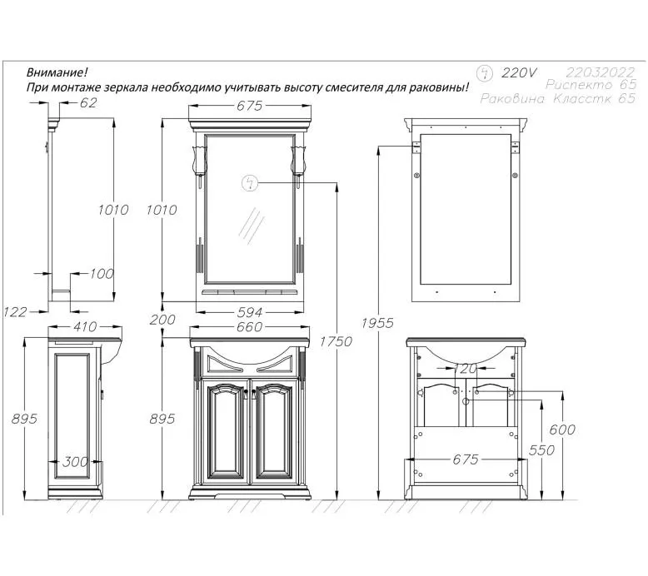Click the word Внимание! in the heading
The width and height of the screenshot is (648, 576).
click(x=57, y=72)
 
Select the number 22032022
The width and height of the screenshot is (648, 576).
click(x=601, y=72)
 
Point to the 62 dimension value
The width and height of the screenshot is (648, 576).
click(x=89, y=103)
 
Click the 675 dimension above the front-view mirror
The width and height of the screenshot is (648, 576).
click(x=250, y=106)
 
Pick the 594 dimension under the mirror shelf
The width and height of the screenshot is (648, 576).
click(x=250, y=312)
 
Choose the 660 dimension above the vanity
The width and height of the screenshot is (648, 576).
click(x=250, y=327)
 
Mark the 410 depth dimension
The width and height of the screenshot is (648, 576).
click(x=85, y=327)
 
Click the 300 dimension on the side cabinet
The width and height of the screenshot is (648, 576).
click(x=76, y=461)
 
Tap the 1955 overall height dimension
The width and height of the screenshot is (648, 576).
click(x=378, y=323)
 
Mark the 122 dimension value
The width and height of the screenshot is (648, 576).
click(x=15, y=311)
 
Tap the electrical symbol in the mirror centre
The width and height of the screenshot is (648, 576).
click(x=249, y=182)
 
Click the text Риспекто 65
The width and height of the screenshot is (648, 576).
click(x=591, y=86)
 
